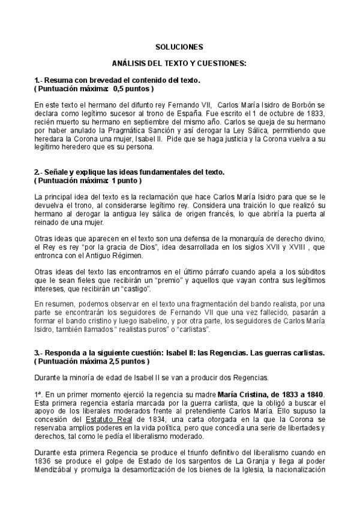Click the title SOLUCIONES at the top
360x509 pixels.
coord(179,47)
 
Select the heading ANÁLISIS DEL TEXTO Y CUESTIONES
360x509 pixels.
coord(179,63)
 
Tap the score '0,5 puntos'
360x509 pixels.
coord(131,88)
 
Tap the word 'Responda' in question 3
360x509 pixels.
coord(63,353)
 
